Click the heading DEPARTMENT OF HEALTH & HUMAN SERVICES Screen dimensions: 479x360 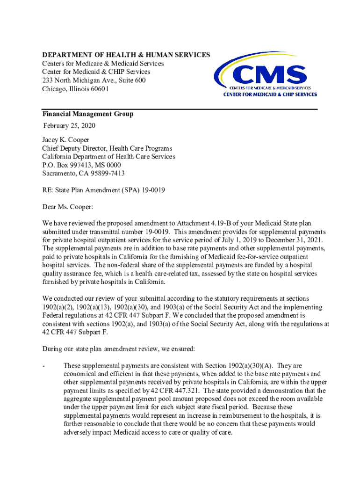point(126,55)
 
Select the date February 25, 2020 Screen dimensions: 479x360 point(68,126)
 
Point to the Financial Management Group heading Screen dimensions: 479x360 point(87,114)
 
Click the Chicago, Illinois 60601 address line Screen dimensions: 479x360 point(75,89)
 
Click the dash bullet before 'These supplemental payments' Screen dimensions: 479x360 point(43,365)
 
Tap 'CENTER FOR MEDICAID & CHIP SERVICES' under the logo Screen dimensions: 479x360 point(266,94)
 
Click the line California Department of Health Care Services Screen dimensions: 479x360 point(108,157)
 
